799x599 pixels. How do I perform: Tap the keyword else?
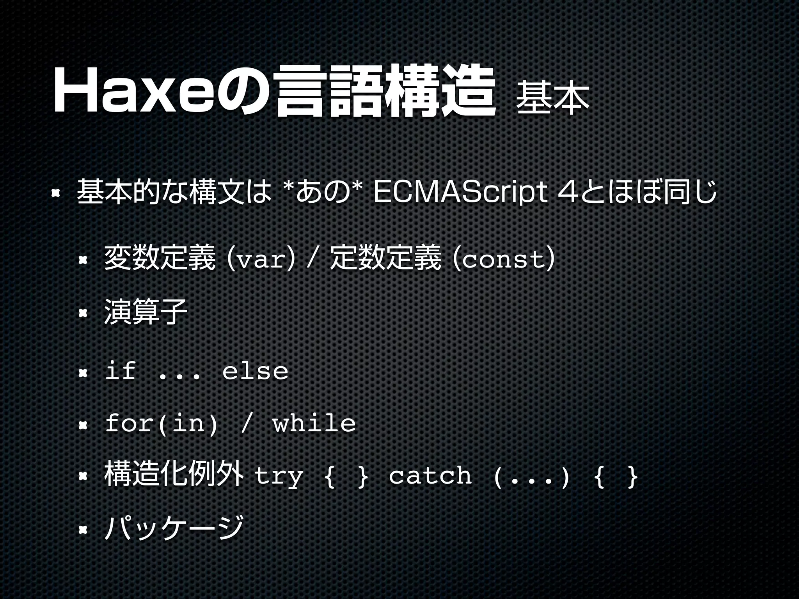(255, 370)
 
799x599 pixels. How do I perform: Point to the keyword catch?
(430, 475)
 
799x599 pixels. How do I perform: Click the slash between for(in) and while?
(245, 424)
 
